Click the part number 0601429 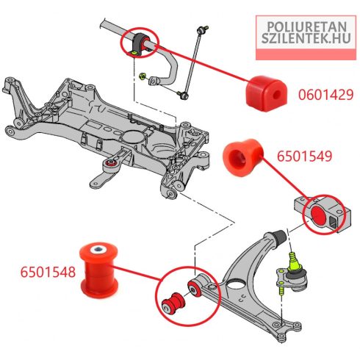[325, 95]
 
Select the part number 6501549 [304, 156]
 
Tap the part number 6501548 [48, 272]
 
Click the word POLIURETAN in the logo [306, 27]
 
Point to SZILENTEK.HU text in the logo [306, 38]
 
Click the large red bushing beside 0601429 [266, 93]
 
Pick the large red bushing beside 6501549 [242, 157]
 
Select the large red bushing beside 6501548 [99, 270]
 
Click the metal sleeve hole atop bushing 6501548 [98, 250]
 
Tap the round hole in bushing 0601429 [276, 95]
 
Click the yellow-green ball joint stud [294, 262]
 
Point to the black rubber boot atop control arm [279, 237]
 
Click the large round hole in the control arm [236, 285]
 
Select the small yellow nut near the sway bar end [141, 76]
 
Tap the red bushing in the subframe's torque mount [112, 162]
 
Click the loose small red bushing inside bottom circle [173, 303]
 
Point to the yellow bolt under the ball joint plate [281, 290]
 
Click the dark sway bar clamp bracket [138, 44]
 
